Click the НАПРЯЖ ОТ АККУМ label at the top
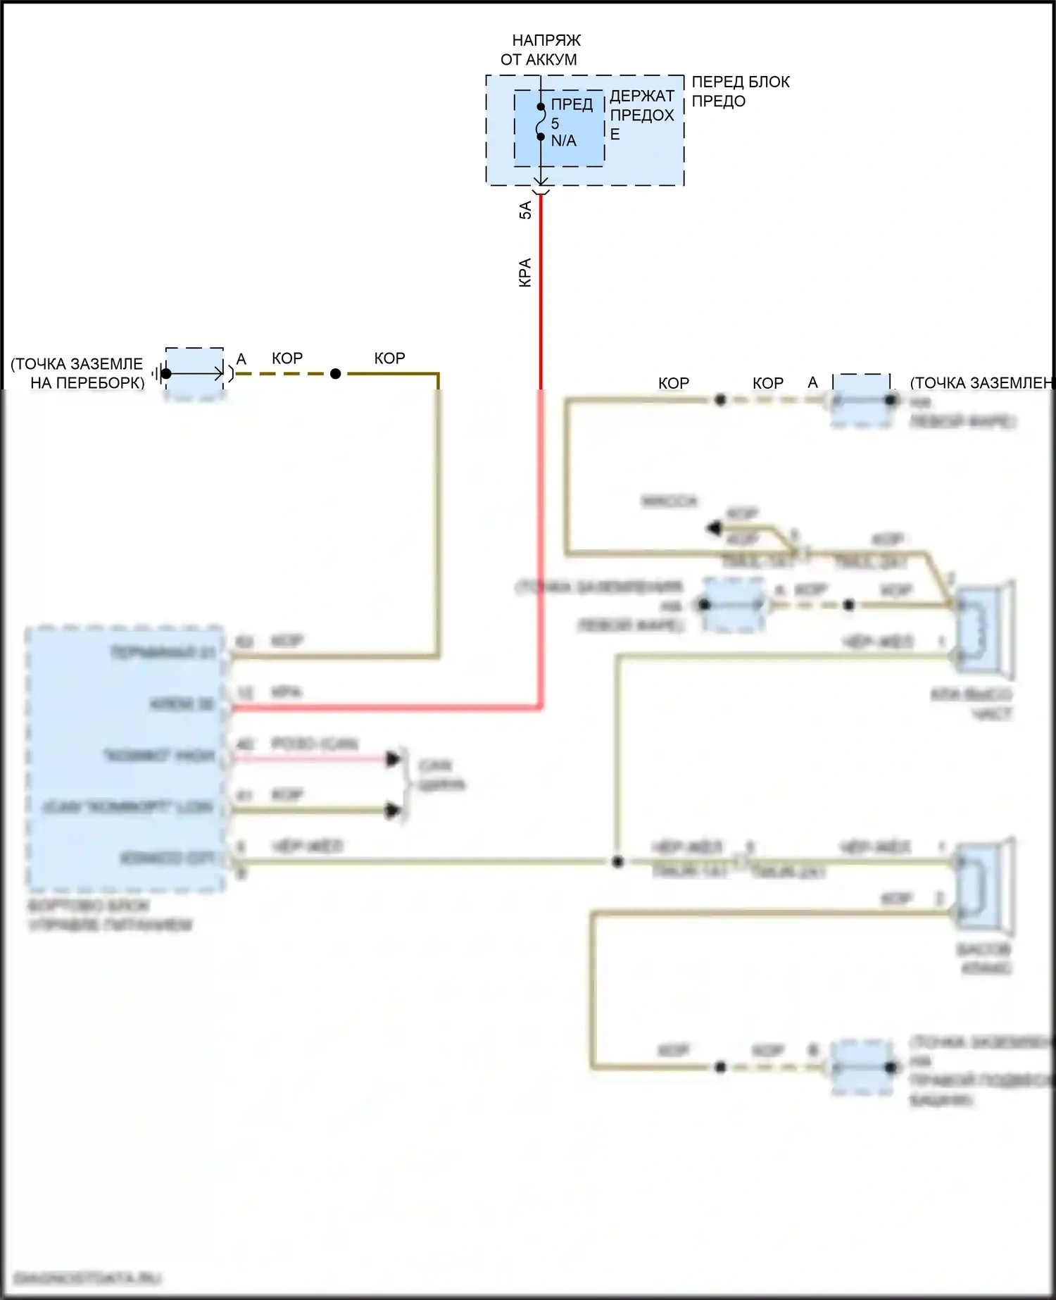(x=541, y=50)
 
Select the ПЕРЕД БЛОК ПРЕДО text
(x=740, y=92)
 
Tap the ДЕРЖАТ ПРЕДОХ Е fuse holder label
(x=641, y=115)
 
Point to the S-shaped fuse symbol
(x=540, y=122)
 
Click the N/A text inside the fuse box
(x=563, y=141)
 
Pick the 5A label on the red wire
(x=525, y=210)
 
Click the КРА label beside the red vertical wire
(x=525, y=273)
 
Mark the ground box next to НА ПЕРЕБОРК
(x=194, y=374)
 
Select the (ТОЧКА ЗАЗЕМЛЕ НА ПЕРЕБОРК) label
(x=77, y=373)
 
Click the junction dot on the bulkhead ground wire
(x=336, y=374)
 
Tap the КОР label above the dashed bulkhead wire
(x=287, y=358)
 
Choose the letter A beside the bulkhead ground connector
(x=241, y=359)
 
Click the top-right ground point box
(x=861, y=401)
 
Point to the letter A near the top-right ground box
(x=813, y=382)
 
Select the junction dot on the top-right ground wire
(x=719, y=400)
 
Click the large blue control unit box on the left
(x=125, y=758)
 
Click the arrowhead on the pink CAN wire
(x=394, y=758)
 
